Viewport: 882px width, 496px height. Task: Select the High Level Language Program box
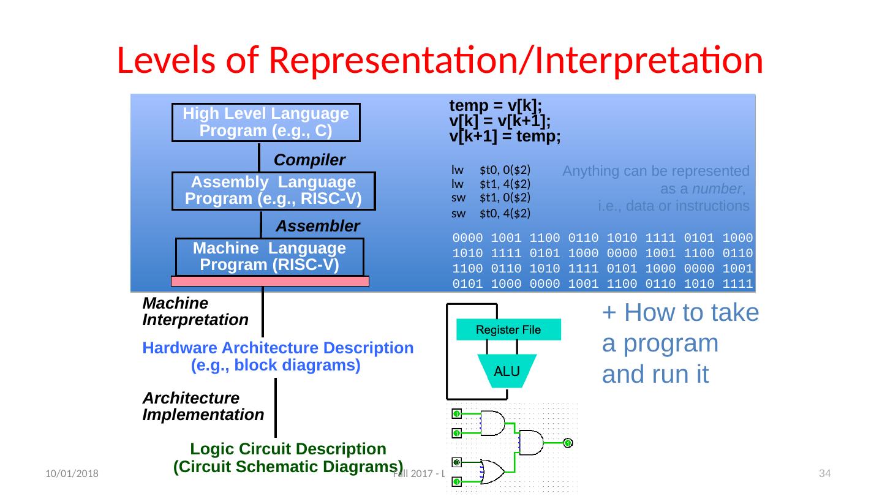pyautogui.click(x=266, y=122)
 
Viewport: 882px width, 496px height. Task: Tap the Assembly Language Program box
pyautogui.click(x=273, y=190)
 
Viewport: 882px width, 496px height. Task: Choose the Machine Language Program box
pyautogui.click(x=269, y=257)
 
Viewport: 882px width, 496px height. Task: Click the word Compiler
pyautogui.click(x=309, y=160)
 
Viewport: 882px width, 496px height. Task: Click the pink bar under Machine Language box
pyautogui.click(x=269, y=281)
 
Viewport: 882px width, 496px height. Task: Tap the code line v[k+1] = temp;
pyautogui.click(x=505, y=137)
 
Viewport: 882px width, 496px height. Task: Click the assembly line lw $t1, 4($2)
pyautogui.click(x=491, y=183)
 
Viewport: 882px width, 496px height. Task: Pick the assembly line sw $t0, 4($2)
pyautogui.click(x=491, y=213)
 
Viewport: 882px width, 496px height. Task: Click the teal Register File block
pyautogui.click(x=508, y=330)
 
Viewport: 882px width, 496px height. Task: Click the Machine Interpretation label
pyautogui.click(x=195, y=312)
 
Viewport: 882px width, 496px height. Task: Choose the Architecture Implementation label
pyautogui.click(x=203, y=406)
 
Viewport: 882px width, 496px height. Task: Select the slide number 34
pyautogui.click(x=824, y=473)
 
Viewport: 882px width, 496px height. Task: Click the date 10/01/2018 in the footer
pyautogui.click(x=67, y=474)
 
